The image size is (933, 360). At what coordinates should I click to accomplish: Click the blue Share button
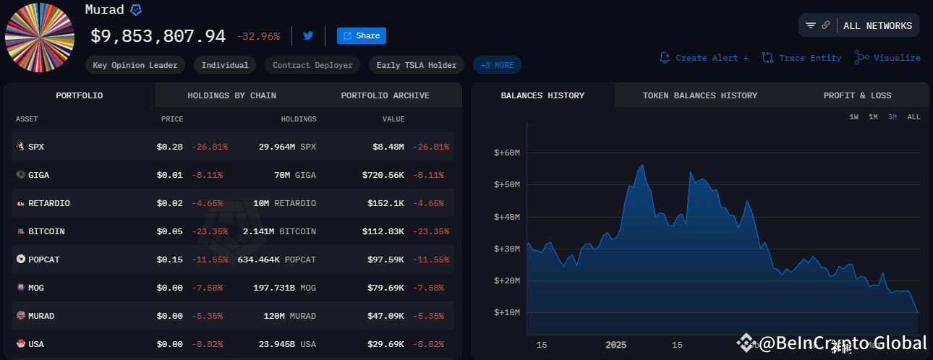361,35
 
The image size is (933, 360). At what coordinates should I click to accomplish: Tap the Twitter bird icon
308,35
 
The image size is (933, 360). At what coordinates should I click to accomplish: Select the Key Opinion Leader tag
135,65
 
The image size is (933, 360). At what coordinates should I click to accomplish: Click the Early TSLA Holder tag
417,65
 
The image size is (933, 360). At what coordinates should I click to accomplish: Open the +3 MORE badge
497,65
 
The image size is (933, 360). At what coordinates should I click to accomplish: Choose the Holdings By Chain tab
231,95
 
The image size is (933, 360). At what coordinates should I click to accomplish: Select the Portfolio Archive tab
385,95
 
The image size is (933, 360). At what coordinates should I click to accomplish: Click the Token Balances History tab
699,95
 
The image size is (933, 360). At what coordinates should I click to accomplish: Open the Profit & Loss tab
857,95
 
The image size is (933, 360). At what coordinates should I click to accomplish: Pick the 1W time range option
854,117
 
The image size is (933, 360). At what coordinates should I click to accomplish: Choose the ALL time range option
913,117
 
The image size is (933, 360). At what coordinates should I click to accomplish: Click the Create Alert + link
704,58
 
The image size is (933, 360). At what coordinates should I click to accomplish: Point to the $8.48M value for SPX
389,147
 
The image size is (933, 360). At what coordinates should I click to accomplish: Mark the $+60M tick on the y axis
507,153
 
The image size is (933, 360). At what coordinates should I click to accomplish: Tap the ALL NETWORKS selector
877,26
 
